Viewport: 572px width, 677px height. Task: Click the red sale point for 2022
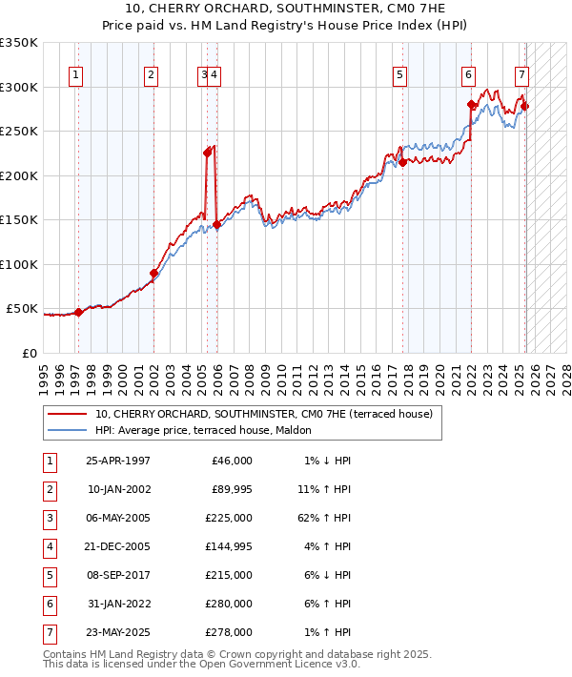pos(471,105)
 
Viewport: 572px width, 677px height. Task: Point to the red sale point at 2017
pos(402,162)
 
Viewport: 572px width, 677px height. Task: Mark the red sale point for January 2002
pos(153,274)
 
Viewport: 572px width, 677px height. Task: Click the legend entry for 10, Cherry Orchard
pos(264,414)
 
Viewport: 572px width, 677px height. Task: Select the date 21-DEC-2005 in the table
pos(118,547)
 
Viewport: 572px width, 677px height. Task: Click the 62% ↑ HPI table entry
pos(327,519)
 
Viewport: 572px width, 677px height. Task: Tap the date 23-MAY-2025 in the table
pos(118,633)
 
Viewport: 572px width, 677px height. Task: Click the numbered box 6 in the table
pos(48,605)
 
